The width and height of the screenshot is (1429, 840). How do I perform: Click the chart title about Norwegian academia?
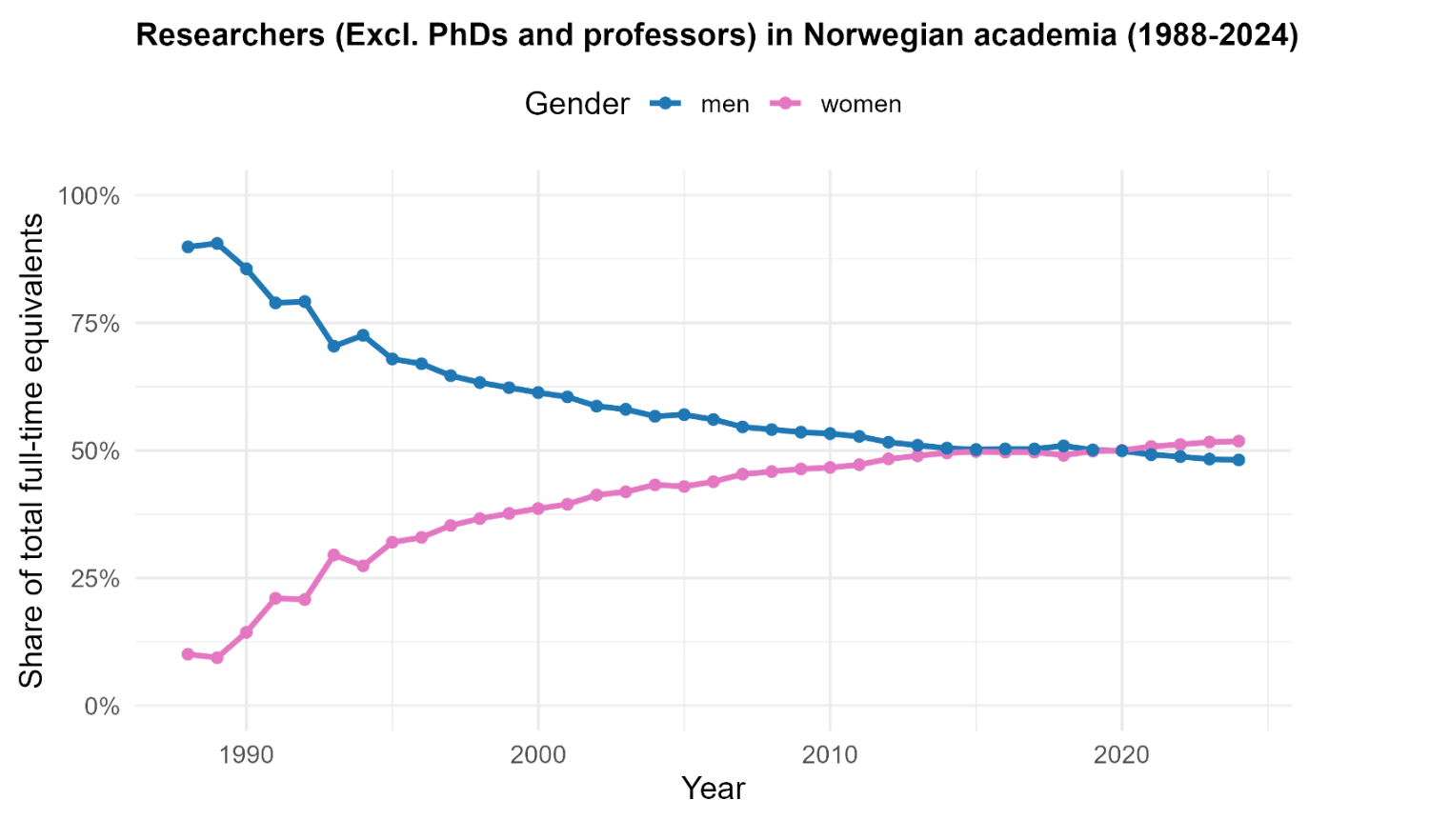point(716,35)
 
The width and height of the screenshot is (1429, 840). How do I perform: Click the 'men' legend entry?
point(724,105)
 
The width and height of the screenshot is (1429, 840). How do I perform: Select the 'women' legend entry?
point(860,105)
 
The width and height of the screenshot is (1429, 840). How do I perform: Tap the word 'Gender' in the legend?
point(576,104)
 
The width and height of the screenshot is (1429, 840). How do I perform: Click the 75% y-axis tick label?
point(95,324)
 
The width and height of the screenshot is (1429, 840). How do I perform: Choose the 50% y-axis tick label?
point(95,451)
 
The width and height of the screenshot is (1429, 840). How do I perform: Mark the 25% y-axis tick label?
point(95,579)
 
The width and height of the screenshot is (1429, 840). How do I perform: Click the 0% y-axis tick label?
point(102,707)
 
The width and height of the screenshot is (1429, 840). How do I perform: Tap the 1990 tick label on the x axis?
point(246,755)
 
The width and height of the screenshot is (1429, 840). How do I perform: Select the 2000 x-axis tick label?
point(538,755)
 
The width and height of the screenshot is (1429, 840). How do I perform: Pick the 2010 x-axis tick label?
point(830,755)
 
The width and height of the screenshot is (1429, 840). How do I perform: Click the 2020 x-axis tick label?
point(1121,755)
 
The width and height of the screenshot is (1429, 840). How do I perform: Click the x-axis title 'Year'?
point(713,789)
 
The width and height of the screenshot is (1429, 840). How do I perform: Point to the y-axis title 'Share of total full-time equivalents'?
point(31,450)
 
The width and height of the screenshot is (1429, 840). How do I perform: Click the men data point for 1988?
point(188,247)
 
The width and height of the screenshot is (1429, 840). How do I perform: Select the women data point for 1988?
point(188,654)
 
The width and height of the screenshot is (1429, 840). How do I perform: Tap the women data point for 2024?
point(1238,441)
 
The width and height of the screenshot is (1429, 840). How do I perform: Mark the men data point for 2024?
point(1238,460)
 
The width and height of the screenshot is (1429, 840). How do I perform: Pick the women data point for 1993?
point(333,554)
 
